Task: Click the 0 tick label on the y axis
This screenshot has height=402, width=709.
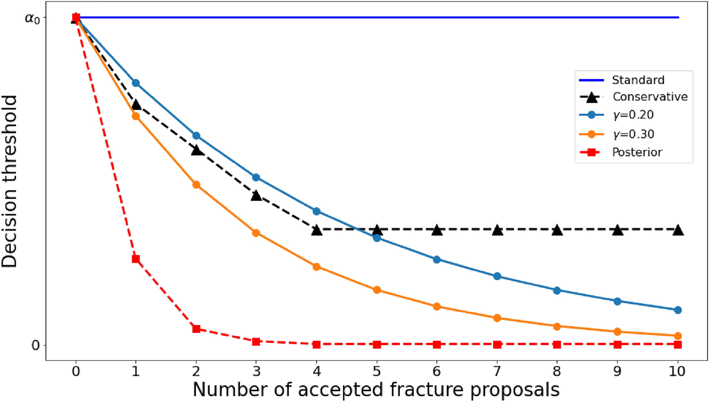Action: [36, 345]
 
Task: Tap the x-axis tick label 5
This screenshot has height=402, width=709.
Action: [377, 373]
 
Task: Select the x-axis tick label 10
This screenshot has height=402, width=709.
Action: [678, 373]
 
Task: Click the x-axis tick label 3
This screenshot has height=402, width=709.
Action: [256, 373]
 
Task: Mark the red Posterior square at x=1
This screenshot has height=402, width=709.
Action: [136, 259]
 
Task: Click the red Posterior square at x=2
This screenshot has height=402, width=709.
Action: [196, 329]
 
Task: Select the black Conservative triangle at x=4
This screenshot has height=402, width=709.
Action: [316, 230]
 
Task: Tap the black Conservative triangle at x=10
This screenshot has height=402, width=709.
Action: [678, 230]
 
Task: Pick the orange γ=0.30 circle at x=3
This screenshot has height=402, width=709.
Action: [256, 233]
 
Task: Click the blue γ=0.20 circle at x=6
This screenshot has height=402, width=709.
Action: [437, 260]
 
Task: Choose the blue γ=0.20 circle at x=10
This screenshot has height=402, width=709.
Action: [678, 310]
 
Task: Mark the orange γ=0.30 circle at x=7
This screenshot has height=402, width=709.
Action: [497, 318]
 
